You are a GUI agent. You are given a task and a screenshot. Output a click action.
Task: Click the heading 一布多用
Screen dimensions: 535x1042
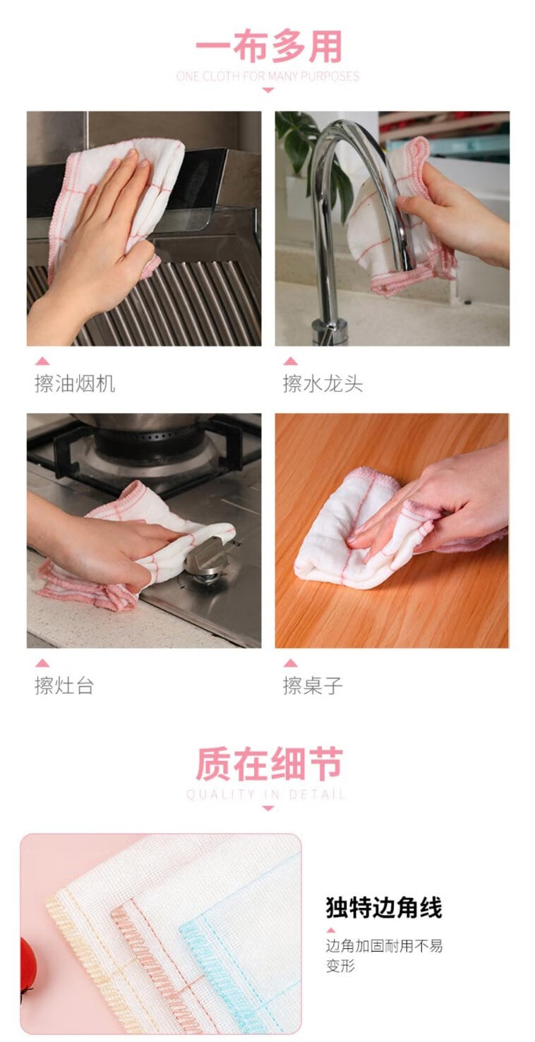tap(268, 47)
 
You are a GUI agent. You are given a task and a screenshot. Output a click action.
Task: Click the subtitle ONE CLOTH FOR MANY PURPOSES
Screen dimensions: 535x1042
tap(268, 76)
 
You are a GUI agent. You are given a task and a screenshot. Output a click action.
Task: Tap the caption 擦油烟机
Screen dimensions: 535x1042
tap(75, 384)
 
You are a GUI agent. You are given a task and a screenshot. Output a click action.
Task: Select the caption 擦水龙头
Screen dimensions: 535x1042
tap(323, 384)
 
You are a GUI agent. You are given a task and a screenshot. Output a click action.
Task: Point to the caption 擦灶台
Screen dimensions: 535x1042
tap(65, 685)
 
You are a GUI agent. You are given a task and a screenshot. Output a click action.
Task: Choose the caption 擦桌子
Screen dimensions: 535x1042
tap(313, 685)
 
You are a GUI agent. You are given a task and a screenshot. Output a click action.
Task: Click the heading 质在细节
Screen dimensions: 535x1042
tap(268, 764)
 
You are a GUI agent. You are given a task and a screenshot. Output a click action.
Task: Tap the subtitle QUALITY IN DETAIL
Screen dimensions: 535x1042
tap(266, 794)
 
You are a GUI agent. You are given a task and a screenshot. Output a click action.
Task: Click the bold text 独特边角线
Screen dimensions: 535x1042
tap(384, 907)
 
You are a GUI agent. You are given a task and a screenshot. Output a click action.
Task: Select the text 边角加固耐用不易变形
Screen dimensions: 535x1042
tap(384, 955)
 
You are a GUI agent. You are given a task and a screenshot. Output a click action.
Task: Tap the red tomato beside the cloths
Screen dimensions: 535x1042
tap(28, 965)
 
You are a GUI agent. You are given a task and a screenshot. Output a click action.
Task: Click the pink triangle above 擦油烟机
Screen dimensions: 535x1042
tap(42, 361)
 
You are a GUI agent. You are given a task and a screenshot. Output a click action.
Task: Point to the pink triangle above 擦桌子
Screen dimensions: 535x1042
tap(290, 662)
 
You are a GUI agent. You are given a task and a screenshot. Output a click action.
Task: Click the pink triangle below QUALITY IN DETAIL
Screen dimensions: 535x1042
tap(267, 808)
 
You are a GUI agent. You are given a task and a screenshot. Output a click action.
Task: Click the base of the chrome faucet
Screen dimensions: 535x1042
tap(330, 330)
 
